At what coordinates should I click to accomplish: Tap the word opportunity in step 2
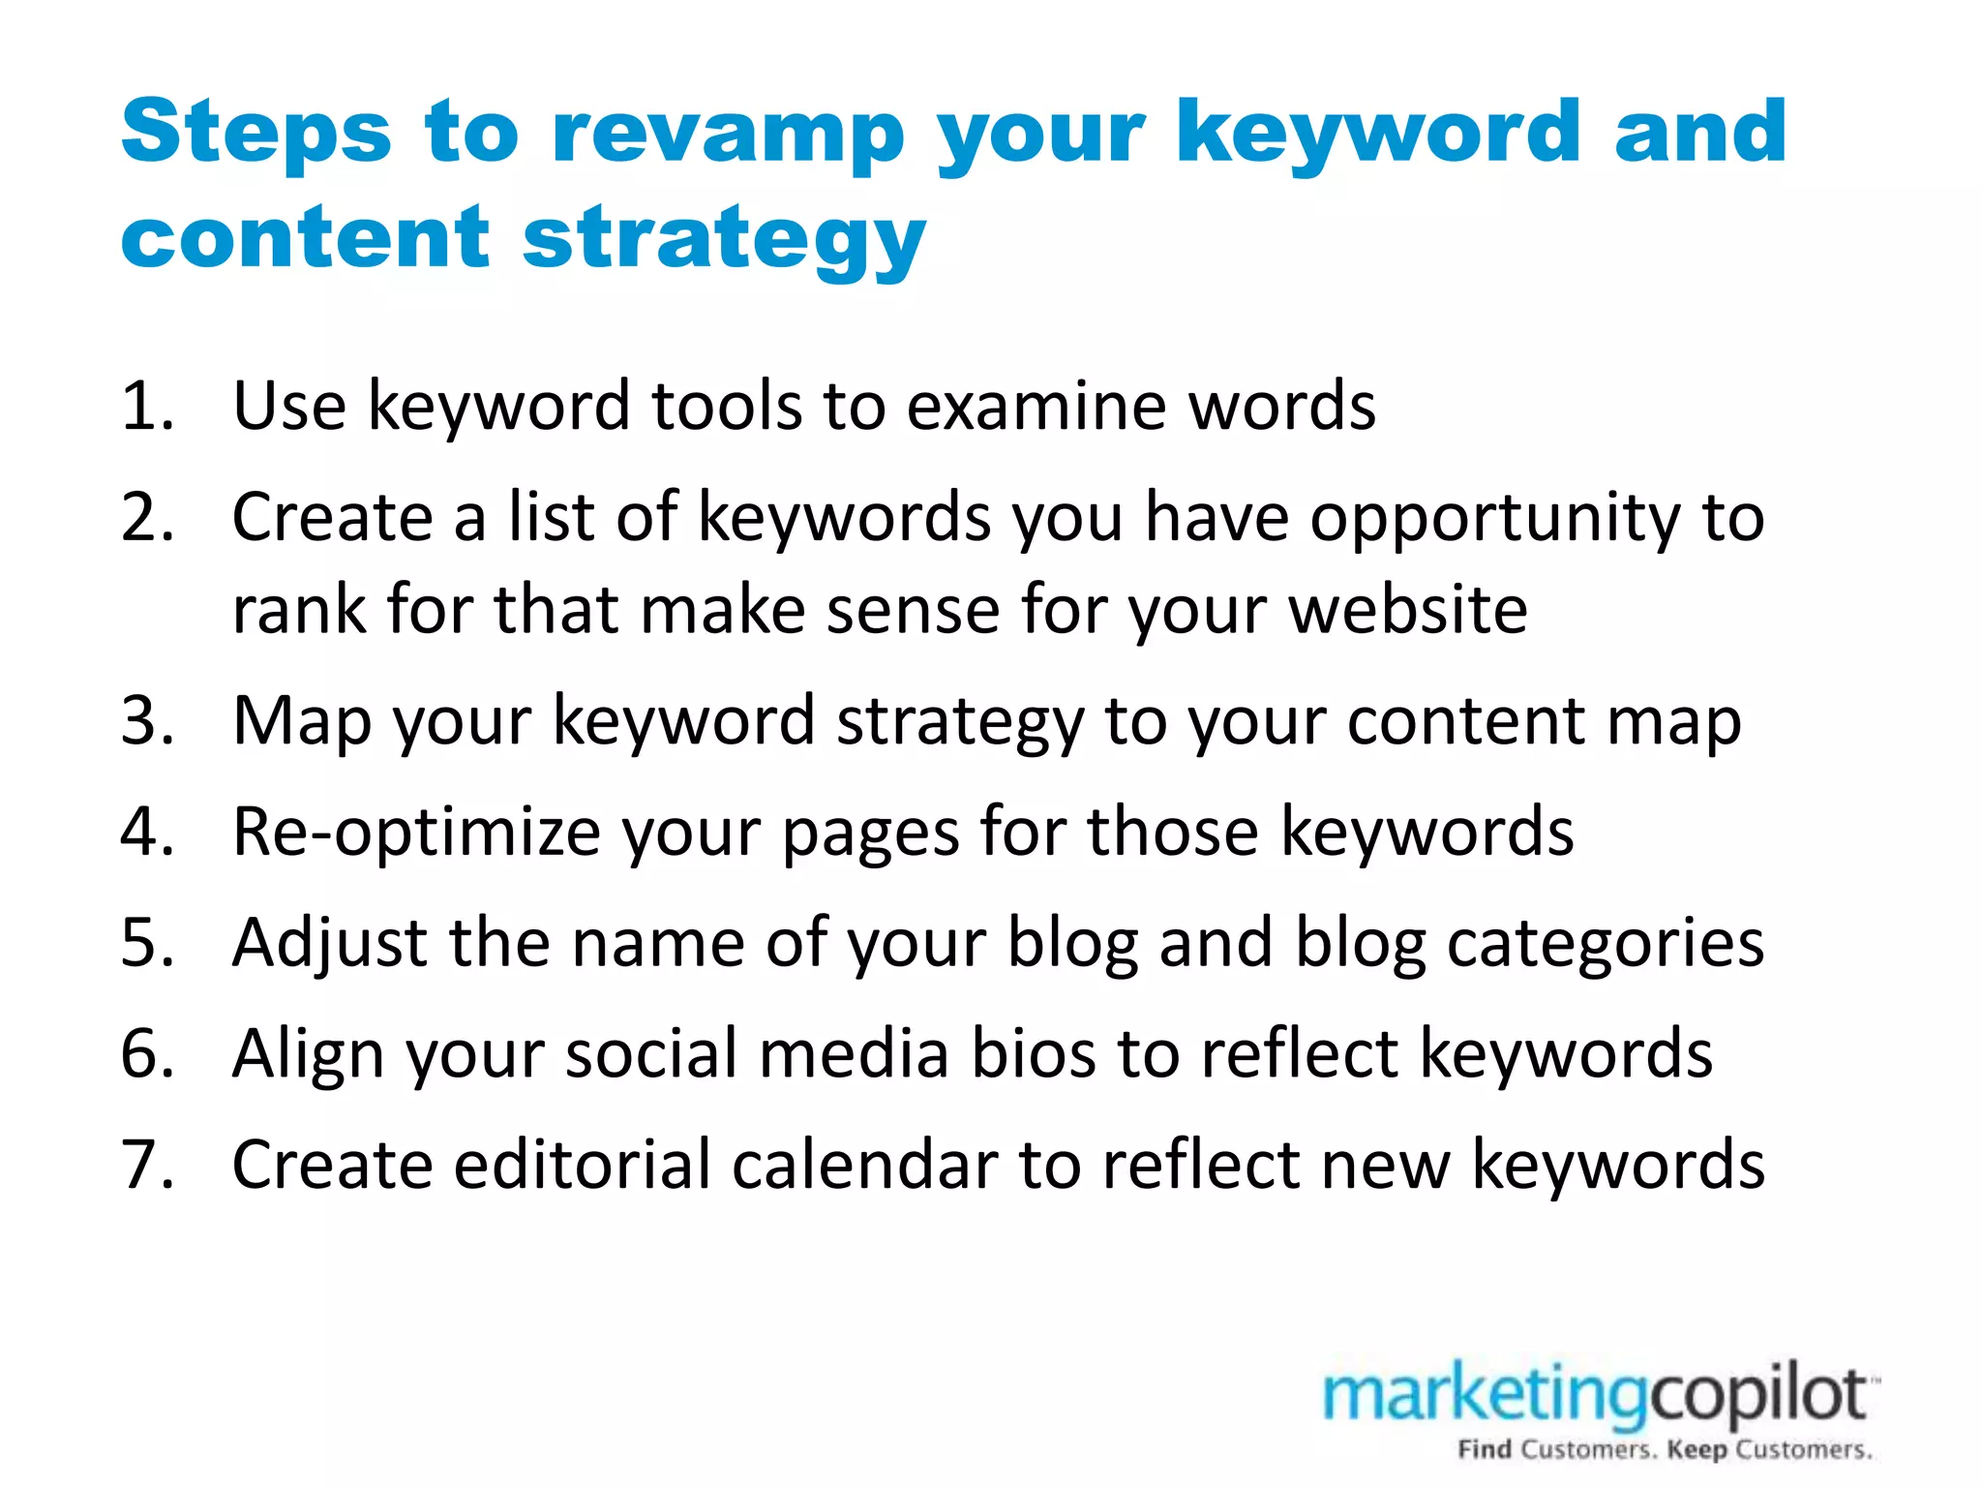coord(1495,518)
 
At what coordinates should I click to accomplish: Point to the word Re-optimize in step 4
coord(416,833)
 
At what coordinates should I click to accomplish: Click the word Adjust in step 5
coord(329,943)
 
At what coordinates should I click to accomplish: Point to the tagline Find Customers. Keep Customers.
coord(1665,1450)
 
